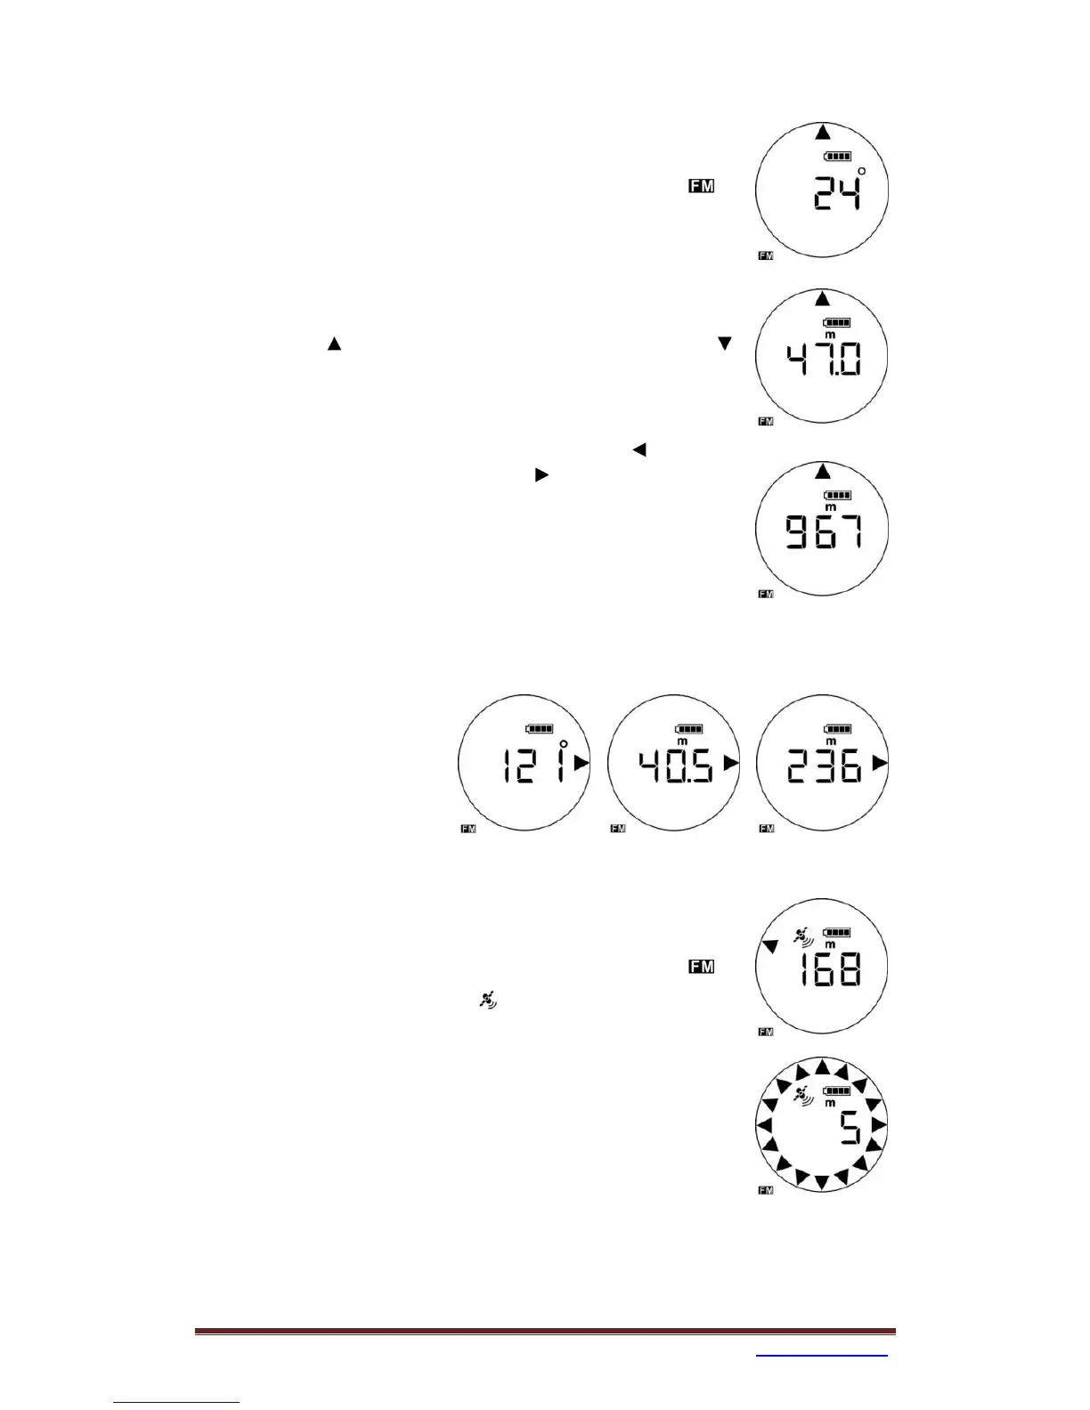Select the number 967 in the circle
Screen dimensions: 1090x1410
(823, 533)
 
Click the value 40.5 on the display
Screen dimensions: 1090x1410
(676, 765)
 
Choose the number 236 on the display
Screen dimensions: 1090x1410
(825, 765)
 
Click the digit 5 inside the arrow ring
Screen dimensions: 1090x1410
(850, 1130)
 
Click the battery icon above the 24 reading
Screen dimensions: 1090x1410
(837, 157)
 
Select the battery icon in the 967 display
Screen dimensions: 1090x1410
(837, 495)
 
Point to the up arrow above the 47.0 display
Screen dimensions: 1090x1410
(822, 298)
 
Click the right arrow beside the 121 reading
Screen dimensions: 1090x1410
(582, 763)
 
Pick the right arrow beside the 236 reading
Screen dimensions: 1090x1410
(880, 763)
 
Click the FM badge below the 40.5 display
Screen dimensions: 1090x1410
(616, 829)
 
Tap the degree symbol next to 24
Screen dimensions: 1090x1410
(861, 171)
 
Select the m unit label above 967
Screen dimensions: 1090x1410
(830, 506)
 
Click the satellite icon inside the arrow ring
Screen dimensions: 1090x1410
(804, 1097)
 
